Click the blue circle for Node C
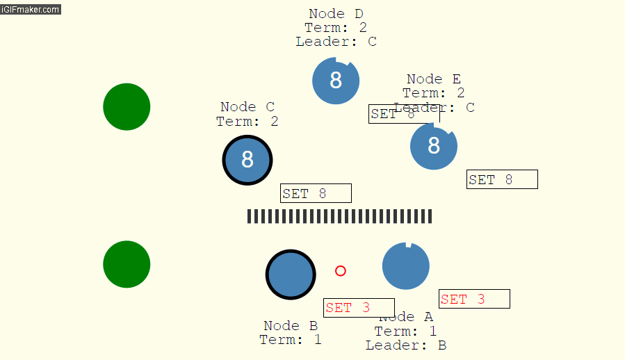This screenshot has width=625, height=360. pyautogui.click(x=247, y=160)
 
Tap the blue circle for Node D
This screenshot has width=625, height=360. pyautogui.click(x=336, y=81)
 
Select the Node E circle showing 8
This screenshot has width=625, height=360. pyautogui.click(x=434, y=146)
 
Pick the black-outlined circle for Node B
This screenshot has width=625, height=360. pyautogui.click(x=291, y=275)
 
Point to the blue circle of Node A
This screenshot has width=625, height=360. pyautogui.click(x=406, y=266)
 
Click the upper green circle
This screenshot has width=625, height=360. pyautogui.click(x=127, y=106)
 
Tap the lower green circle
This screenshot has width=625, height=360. pyautogui.click(x=127, y=264)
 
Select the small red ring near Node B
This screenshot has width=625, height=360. pyautogui.click(x=341, y=271)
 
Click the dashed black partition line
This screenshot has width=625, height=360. pyautogui.click(x=339, y=216)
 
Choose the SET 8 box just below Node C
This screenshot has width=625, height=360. pyautogui.click(x=316, y=193)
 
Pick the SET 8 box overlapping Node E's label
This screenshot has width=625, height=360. pyautogui.click(x=403, y=114)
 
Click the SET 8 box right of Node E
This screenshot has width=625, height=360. pyautogui.click(x=502, y=179)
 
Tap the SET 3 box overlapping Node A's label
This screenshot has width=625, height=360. pyautogui.click(x=359, y=308)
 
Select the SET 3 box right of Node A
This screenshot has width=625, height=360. pyautogui.click(x=474, y=299)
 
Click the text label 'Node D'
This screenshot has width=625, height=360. pyautogui.click(x=336, y=14)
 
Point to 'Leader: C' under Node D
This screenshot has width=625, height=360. pyautogui.click(x=336, y=42)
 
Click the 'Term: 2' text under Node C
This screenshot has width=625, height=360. pyautogui.click(x=247, y=122)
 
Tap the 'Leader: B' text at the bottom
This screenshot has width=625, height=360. pyautogui.click(x=406, y=345)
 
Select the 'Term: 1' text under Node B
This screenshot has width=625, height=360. pyautogui.click(x=291, y=340)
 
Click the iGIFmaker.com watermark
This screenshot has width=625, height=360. pyautogui.click(x=31, y=10)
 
